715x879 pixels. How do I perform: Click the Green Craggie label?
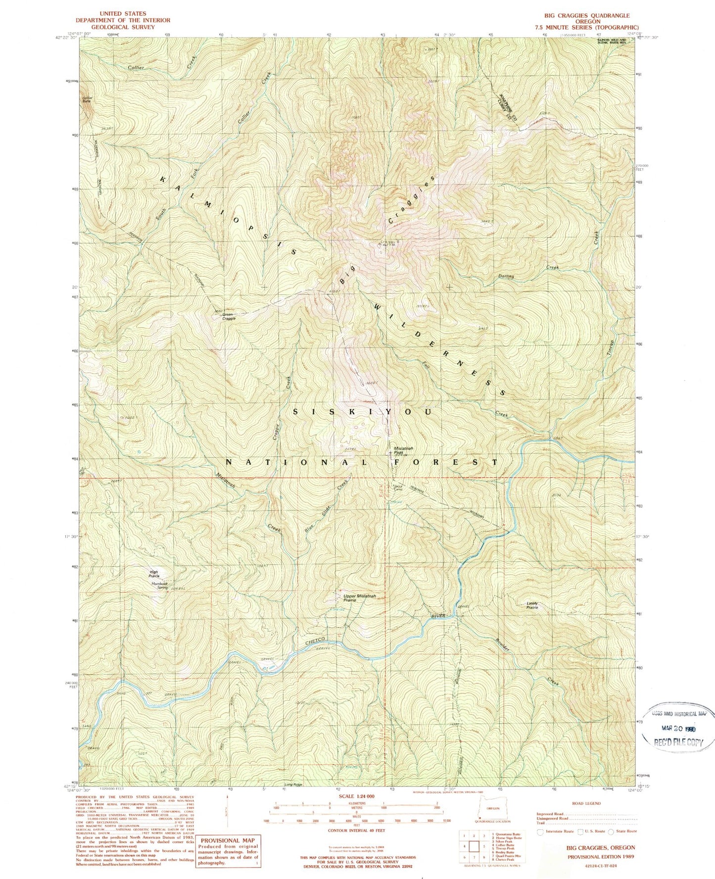click(228, 316)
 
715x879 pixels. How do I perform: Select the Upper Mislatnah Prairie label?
click(360, 598)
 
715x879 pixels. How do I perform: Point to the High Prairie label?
click(155, 574)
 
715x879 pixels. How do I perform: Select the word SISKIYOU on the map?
click(363, 412)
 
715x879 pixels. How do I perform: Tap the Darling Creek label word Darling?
click(506, 276)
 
